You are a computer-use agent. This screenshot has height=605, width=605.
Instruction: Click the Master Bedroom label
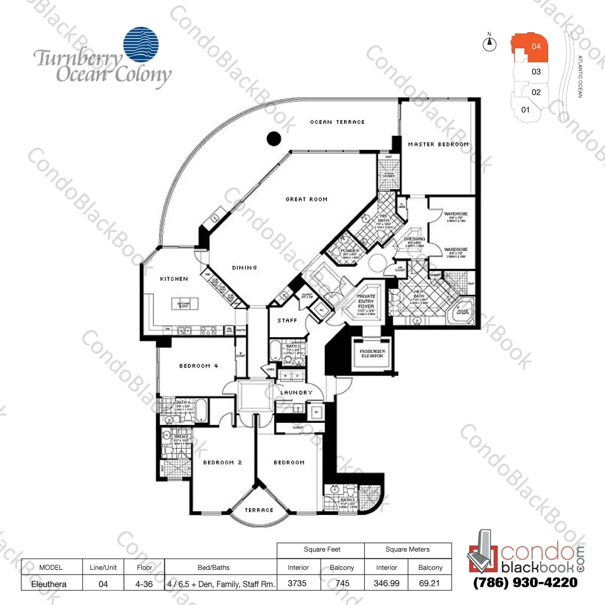(x=438, y=144)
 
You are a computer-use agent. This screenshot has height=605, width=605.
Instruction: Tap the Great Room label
(x=306, y=199)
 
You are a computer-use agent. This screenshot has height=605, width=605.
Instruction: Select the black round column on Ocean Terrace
(x=273, y=138)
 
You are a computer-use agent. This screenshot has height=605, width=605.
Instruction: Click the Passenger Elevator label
(x=372, y=353)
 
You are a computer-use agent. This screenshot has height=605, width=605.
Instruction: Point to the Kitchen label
(x=174, y=279)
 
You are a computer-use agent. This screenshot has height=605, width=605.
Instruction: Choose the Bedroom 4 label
(x=199, y=366)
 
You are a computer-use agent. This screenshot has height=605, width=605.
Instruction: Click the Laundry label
(x=296, y=393)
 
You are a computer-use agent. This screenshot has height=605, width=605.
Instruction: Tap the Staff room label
(x=287, y=321)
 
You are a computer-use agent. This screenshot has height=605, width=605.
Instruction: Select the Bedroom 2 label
(x=222, y=463)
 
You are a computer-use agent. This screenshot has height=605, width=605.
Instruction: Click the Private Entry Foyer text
(x=366, y=301)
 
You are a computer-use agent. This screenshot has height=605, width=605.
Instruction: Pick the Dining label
(x=244, y=268)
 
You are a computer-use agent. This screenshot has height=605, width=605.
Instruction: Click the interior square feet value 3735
(x=297, y=583)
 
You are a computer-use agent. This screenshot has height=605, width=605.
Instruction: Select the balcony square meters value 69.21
(x=429, y=583)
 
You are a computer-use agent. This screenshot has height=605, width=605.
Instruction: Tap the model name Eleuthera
(x=49, y=584)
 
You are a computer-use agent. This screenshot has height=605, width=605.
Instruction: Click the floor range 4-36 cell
(x=144, y=584)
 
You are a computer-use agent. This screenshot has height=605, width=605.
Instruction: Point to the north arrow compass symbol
(x=489, y=44)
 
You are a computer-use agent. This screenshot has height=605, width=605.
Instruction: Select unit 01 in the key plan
(x=525, y=110)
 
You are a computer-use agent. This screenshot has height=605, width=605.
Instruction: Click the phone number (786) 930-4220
(x=526, y=583)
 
